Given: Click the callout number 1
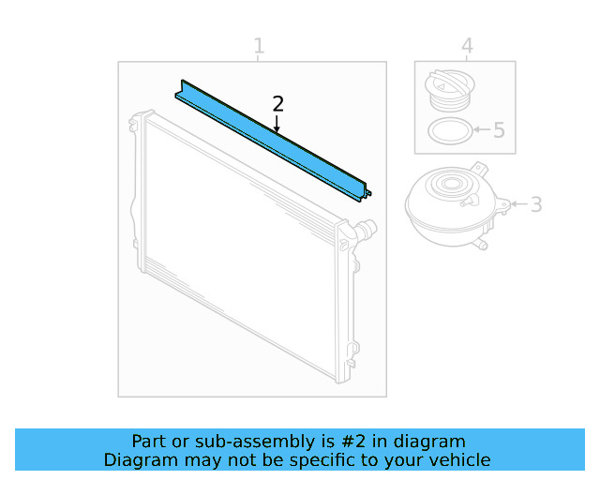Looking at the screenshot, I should [259, 46].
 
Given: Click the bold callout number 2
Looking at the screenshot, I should [277, 103].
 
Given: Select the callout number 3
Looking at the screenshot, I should [536, 203].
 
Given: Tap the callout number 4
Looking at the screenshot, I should [467, 46].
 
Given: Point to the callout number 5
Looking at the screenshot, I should [499, 130].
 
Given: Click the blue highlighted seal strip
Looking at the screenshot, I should [272, 141].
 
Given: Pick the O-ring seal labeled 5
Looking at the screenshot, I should [448, 131].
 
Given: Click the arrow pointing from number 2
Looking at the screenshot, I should [277, 123].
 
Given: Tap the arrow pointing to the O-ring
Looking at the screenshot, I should [481, 130].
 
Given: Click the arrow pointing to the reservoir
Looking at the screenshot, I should [518, 203].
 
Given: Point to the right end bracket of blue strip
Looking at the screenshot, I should [365, 192].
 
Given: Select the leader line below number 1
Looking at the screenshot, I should [259, 58].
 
